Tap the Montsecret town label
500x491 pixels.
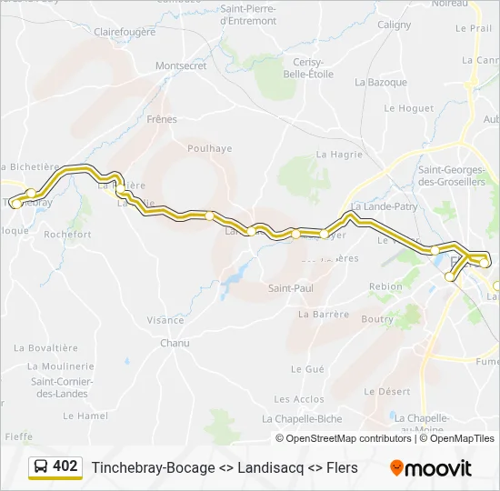(x=182, y=66)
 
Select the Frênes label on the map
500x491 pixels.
(x=161, y=119)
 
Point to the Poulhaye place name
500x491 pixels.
(x=209, y=148)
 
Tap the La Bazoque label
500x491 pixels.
(x=381, y=82)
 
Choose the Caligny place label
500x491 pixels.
(x=394, y=25)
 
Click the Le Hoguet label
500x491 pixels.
(x=409, y=108)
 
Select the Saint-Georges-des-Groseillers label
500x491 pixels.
(x=452, y=175)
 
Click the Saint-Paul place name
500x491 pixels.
(x=290, y=288)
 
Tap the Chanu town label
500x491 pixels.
(x=175, y=343)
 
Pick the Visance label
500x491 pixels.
(x=165, y=320)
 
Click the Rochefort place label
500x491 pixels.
(x=67, y=234)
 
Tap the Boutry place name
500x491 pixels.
(x=377, y=319)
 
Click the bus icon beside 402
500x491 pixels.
(x=41, y=466)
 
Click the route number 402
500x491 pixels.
(x=65, y=466)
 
